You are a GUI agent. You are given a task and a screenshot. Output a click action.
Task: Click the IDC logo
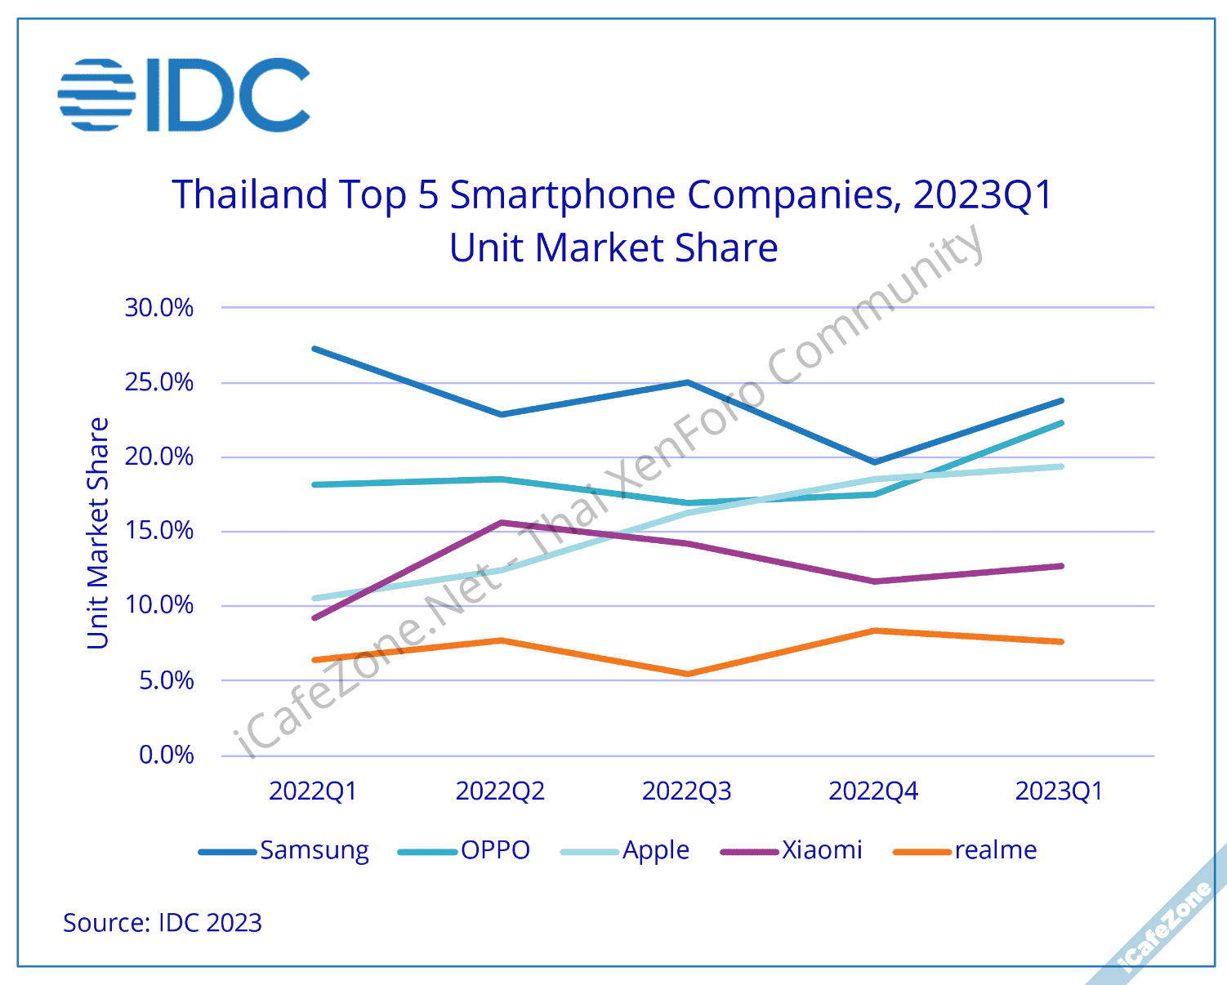[185, 95]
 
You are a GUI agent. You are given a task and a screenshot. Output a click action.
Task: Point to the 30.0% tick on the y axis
[159, 308]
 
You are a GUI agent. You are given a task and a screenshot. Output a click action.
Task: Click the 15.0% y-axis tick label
[159, 531]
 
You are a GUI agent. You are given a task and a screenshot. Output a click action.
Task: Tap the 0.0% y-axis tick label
[166, 755]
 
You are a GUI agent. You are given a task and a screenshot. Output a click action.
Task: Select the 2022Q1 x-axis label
[313, 791]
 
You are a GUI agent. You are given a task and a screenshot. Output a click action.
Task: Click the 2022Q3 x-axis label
[687, 791]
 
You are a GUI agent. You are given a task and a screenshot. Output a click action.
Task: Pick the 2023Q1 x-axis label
[1059, 791]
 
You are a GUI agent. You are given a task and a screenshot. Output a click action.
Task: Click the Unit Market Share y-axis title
[98, 533]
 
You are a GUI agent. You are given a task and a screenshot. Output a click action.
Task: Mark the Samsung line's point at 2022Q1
[315, 349]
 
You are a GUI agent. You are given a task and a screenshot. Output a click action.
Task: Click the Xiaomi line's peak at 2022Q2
[501, 523]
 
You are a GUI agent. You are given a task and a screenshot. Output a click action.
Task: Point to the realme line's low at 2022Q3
[688, 674]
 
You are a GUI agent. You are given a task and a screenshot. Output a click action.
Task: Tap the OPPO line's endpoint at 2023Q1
[1061, 423]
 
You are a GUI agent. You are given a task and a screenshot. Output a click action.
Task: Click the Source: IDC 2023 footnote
[163, 923]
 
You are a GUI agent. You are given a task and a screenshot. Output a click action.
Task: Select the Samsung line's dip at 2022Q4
[874, 462]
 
